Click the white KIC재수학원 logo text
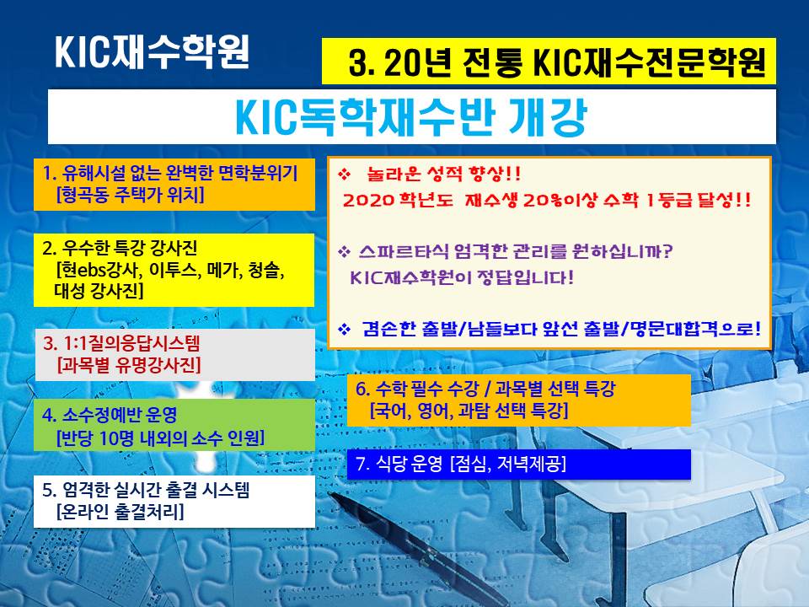click(153, 51)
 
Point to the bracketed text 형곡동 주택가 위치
click(130, 195)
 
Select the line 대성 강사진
click(99, 291)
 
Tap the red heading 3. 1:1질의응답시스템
click(121, 343)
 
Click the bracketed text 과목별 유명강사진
click(128, 365)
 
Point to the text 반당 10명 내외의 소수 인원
click(160, 438)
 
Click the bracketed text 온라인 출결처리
click(120, 512)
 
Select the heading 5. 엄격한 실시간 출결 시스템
click(146, 489)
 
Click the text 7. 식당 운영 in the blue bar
click(399, 464)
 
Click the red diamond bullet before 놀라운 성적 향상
click(344, 175)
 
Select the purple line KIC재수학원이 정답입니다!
click(462, 277)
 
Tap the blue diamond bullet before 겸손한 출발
click(344, 330)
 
